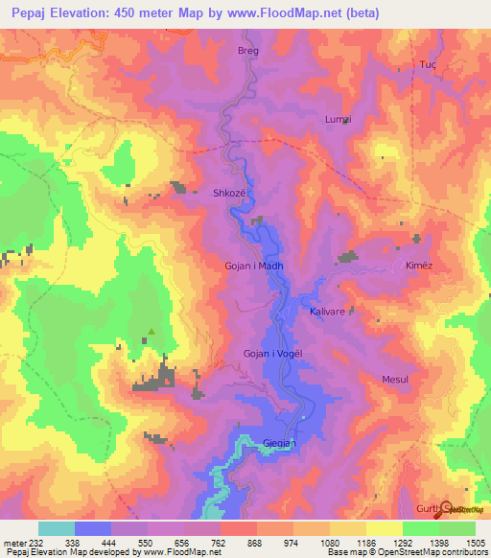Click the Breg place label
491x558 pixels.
[248, 50]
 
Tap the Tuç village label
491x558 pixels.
[428, 65]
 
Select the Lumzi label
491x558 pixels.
[339, 119]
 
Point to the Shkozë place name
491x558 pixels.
[229, 192]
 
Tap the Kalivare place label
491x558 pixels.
[327, 312]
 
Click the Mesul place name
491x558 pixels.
[395, 380]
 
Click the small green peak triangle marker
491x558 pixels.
[151, 334]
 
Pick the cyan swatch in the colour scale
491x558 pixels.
[57, 528]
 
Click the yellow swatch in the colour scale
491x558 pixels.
[384, 528]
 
